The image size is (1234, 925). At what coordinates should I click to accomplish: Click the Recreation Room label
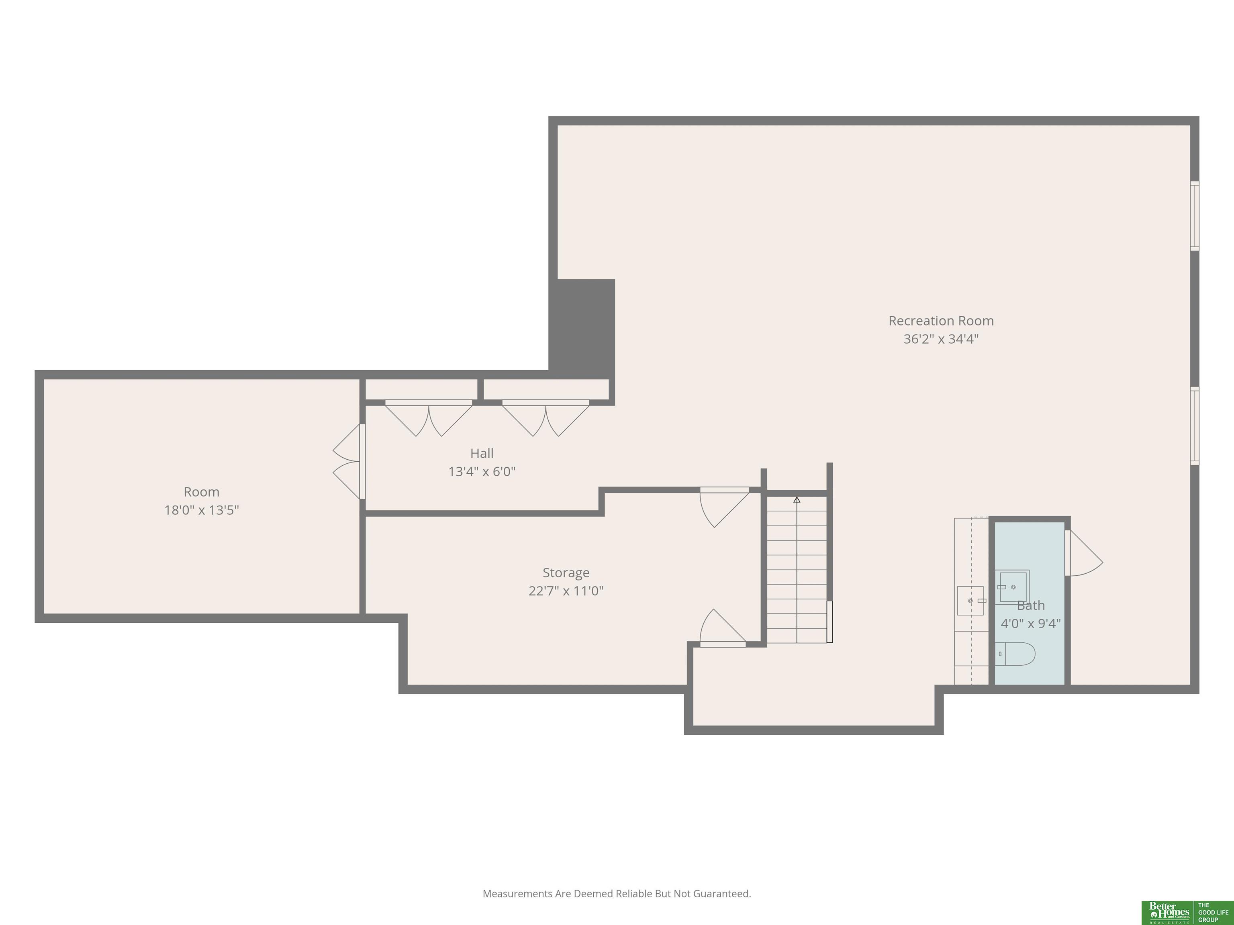(x=941, y=321)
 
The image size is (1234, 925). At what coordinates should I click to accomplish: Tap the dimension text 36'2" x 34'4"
(x=941, y=339)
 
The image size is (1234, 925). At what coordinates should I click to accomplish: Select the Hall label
(x=482, y=453)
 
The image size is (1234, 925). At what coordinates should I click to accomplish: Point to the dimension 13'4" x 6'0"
(x=482, y=472)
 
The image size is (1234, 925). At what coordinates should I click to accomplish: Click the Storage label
(x=566, y=573)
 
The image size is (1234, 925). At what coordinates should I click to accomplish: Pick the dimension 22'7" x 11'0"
(x=566, y=591)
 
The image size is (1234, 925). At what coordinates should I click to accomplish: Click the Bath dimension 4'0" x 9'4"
(x=1030, y=623)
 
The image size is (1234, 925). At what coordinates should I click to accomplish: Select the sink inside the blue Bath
(x=1013, y=587)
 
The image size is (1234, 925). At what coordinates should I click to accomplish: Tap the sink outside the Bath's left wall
(x=971, y=601)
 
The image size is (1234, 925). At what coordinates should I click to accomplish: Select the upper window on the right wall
(x=1194, y=216)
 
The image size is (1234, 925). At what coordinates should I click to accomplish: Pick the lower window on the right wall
(x=1194, y=426)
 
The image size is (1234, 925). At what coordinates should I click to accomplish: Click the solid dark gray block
(x=582, y=329)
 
